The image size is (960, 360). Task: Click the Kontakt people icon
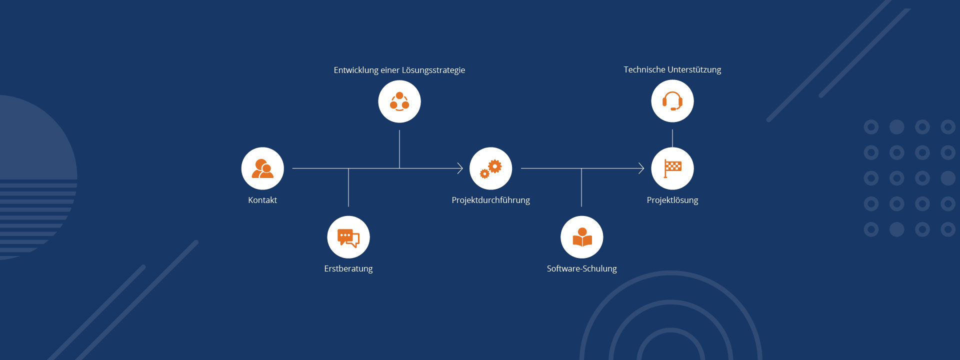pos(262,168)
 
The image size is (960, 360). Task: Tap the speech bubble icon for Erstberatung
pos(348,237)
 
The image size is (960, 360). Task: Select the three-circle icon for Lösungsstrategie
pos(399,101)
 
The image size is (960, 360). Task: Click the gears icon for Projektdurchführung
pos(490,168)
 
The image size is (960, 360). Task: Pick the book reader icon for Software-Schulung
pos(582,237)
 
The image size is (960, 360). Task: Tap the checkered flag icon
pos(672,168)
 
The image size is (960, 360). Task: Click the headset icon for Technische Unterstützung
pos(672,101)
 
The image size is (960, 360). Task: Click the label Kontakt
pos(262,200)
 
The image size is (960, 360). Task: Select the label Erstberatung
pos(348,268)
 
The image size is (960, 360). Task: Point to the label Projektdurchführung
pos(490,200)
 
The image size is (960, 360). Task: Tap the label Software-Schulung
pos(581,268)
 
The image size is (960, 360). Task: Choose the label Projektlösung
pos(672,200)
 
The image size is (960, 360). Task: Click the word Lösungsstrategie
pos(433,70)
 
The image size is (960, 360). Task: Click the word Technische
pos(644,69)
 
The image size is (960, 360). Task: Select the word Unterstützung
pos(694,69)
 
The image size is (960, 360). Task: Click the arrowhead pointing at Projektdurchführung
pos(460,168)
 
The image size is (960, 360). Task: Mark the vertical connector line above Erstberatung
pos(348,188)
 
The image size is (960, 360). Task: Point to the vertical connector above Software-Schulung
pos(581,188)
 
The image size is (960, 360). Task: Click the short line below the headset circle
pos(672,138)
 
